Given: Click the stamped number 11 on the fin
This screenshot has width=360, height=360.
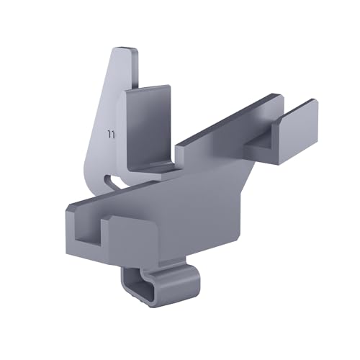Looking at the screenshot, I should point(111,134).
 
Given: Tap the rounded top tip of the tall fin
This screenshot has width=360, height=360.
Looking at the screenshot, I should point(127,52).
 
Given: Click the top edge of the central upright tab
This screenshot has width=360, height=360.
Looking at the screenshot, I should point(148,89).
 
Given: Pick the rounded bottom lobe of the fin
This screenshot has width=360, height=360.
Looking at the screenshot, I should point(97,173).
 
